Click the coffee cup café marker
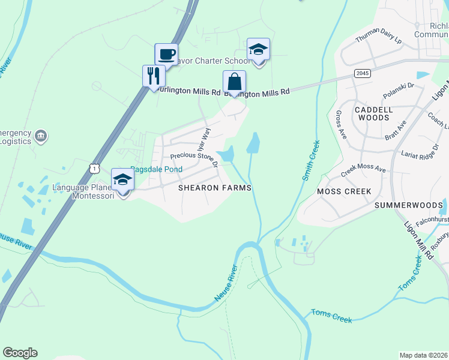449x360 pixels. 166,54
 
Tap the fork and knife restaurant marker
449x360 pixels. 154,76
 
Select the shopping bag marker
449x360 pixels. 234,82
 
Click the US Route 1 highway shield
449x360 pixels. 94,169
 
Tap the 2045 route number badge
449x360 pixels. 362,73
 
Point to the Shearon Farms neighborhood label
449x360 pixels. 214,188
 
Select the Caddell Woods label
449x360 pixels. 373,114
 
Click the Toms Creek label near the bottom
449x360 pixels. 331,316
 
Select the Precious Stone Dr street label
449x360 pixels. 193,156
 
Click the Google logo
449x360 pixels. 20,352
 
